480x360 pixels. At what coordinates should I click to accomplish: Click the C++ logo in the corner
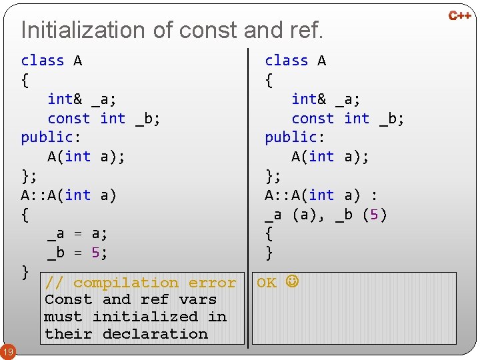[460, 15]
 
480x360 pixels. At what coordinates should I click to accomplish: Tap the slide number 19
[8, 351]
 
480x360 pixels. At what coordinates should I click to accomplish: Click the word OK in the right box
[267, 283]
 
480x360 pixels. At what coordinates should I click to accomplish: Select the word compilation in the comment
[126, 283]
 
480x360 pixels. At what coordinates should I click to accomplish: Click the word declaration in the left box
[155, 334]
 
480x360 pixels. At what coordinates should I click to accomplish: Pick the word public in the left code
[47, 137]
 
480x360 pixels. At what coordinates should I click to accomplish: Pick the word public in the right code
[291, 137]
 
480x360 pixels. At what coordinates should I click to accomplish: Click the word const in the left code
[69, 119]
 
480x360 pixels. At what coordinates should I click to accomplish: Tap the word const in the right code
[313, 119]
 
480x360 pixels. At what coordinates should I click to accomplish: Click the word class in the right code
[287, 61]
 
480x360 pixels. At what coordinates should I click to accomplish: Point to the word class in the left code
[43, 61]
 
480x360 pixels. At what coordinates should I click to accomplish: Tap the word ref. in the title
[306, 30]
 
